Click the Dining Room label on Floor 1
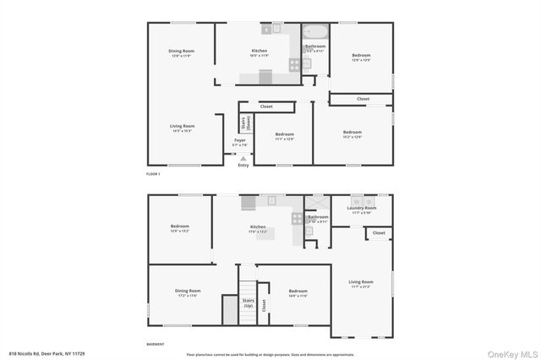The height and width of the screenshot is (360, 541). (182, 52)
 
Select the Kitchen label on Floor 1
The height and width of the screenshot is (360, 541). (260, 52)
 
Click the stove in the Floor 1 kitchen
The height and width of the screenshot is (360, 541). (295, 63)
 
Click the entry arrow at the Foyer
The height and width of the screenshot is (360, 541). (243, 158)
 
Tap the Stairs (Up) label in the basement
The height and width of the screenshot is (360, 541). (249, 303)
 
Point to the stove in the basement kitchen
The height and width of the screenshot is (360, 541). (297, 218)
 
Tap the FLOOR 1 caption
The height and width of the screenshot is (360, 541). (153, 174)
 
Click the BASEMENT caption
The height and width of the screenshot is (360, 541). (156, 344)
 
